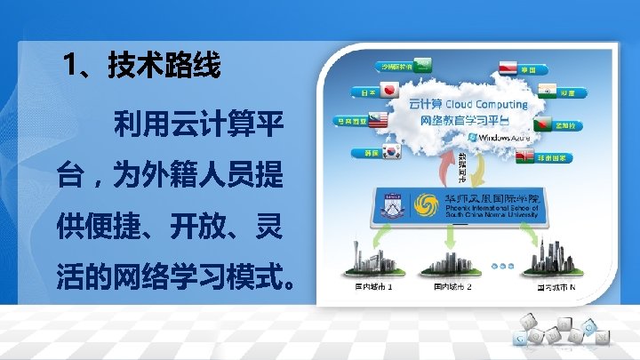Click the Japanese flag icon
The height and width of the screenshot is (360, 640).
pyautogui.click(x=388, y=90)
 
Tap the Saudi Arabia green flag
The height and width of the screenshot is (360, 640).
pyautogui.click(x=425, y=64)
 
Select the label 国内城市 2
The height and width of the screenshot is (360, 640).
pyautogui.click(x=452, y=287)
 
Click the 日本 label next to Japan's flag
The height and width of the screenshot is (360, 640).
pyautogui.click(x=364, y=91)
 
